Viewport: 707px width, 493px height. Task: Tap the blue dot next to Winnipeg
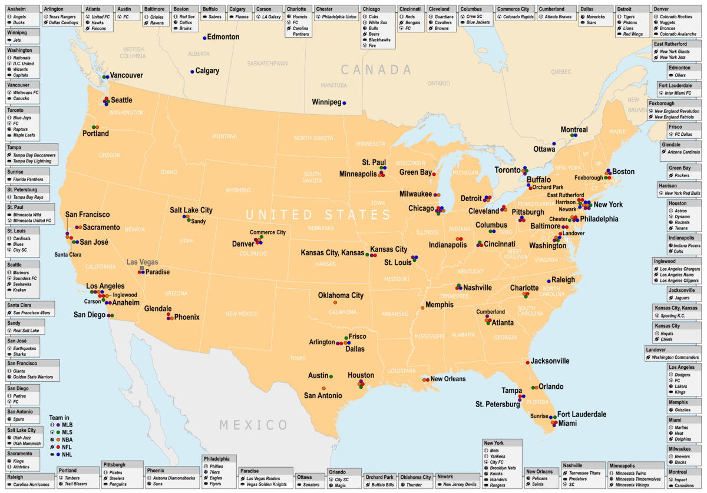coord(344,103)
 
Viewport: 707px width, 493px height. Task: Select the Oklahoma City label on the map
coord(341,295)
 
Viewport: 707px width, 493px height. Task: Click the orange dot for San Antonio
coord(324,388)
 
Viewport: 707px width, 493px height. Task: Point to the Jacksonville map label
coord(550,361)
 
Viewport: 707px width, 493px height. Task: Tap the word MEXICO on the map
coord(254,425)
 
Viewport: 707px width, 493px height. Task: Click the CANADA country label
coord(376,70)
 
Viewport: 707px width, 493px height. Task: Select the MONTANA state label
coord(224,136)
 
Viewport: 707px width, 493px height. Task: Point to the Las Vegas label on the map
coord(143,262)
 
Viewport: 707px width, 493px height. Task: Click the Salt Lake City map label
coord(191,210)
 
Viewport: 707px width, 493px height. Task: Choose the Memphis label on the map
coord(439,305)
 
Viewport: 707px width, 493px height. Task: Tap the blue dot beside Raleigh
coord(549,281)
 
